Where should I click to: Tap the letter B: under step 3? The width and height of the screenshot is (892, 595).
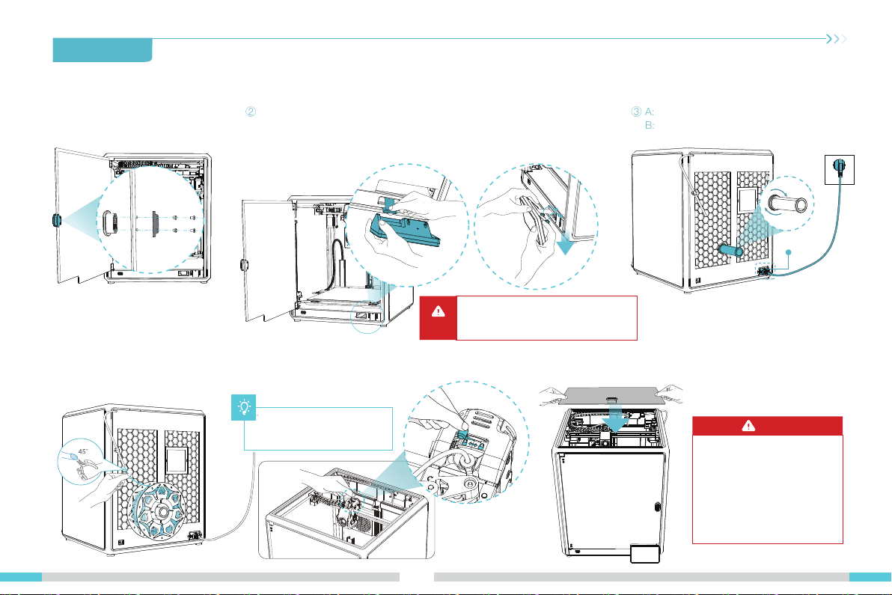650,125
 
